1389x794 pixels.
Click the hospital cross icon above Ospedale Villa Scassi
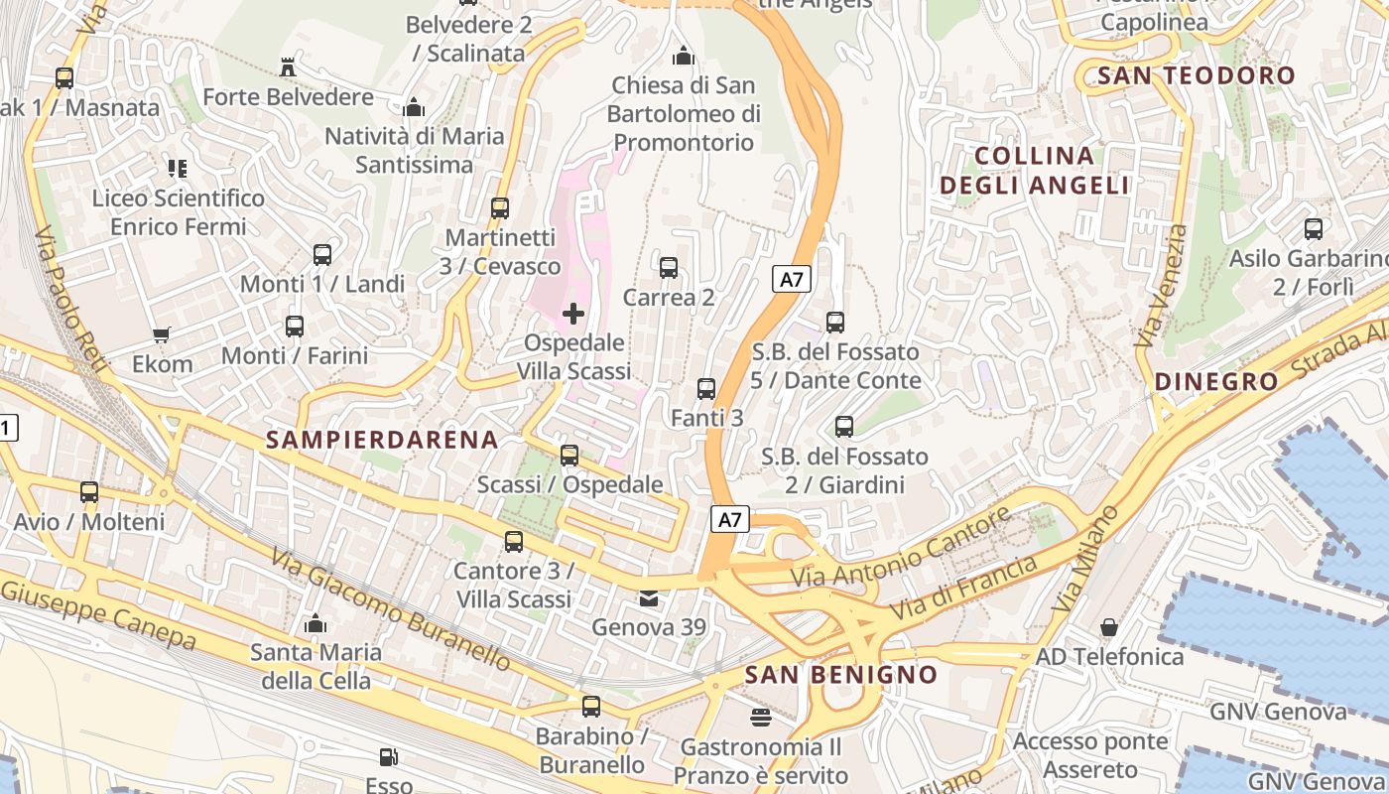click(573, 315)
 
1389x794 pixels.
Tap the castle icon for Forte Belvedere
click(288, 67)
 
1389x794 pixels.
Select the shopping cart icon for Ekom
click(162, 335)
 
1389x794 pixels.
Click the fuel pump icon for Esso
click(389, 758)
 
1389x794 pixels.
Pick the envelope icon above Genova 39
click(648, 598)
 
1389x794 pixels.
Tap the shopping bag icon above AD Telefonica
click(1109, 627)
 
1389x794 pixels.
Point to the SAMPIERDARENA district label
click(382, 440)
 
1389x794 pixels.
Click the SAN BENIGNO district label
click(840, 675)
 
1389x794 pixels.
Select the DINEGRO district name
click(1216, 381)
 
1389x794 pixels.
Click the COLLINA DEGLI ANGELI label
click(1035, 170)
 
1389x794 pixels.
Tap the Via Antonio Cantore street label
click(900, 548)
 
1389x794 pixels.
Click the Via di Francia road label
click(964, 588)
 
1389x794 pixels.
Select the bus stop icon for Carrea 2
click(669, 267)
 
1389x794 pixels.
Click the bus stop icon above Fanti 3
click(706, 388)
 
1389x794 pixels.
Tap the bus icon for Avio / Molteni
click(89, 491)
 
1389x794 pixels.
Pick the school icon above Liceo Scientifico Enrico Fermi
click(178, 168)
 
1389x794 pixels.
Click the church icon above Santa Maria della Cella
click(316, 623)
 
